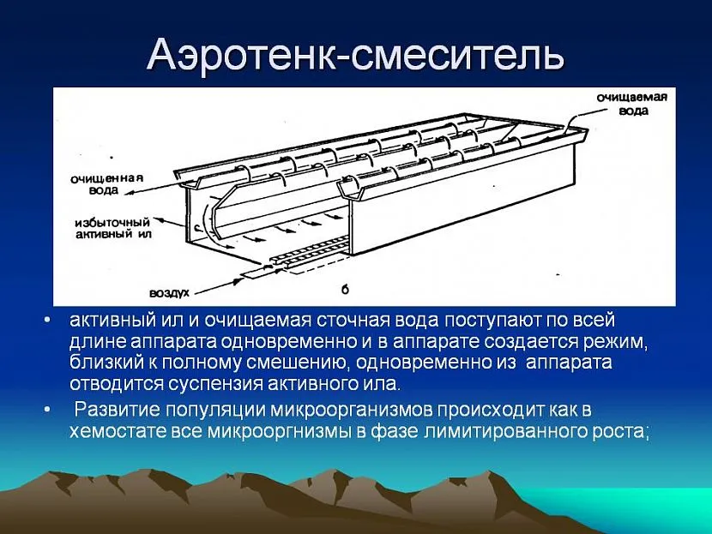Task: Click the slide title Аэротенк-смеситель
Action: [x=355, y=55]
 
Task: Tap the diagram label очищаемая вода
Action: [x=631, y=104]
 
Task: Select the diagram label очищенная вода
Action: [x=106, y=183]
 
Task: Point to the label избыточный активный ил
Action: [x=112, y=229]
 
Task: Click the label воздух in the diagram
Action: [x=169, y=293]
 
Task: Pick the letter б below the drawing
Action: [x=345, y=290]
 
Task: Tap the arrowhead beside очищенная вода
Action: [x=129, y=193]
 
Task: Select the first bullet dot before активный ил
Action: [x=48, y=321]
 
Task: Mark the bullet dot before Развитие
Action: [x=48, y=410]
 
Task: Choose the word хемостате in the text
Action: [x=118, y=431]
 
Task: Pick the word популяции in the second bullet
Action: [x=215, y=411]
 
